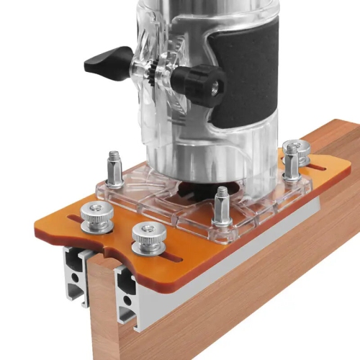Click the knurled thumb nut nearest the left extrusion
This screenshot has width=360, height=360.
[x=96, y=215]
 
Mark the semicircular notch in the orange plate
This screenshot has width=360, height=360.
[x=108, y=254]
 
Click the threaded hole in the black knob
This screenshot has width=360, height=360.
[x=215, y=86]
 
